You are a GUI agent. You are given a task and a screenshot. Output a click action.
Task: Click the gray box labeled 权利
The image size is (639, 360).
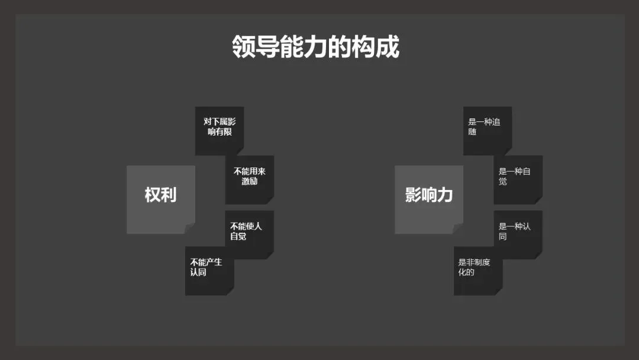click(160, 199)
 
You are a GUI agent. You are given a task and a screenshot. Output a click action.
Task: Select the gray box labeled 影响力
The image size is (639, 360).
click(429, 199)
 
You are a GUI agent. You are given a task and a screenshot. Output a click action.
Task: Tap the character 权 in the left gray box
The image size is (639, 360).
click(153, 195)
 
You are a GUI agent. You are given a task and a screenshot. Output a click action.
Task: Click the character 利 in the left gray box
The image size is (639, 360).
click(169, 195)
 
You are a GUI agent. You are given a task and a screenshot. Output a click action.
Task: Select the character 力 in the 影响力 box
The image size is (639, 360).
click(446, 195)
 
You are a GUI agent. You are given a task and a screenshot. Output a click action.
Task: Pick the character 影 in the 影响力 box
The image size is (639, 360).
click(413, 195)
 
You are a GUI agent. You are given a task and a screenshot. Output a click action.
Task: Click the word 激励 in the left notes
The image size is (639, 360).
click(250, 182)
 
